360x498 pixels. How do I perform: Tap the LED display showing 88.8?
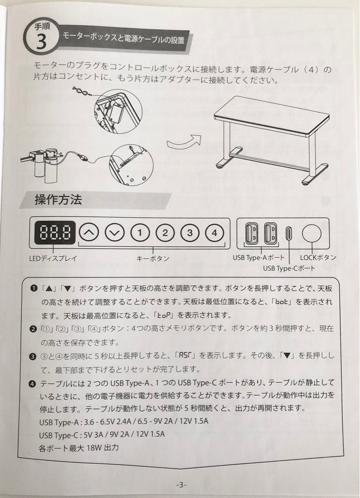tap(55, 233)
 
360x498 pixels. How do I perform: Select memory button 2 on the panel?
tap(164, 233)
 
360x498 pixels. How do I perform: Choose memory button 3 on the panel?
tap(189, 233)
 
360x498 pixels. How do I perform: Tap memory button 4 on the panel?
tap(214, 233)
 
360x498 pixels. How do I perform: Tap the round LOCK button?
tap(312, 234)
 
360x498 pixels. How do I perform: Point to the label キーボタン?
tap(152, 259)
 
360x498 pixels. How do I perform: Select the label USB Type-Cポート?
tap(289, 268)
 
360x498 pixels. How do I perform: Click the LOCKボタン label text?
tap(318, 258)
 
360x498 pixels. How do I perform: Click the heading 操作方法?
tap(58, 200)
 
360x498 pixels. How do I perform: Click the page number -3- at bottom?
tap(181, 484)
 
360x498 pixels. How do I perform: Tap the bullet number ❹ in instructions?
tap(33, 383)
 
